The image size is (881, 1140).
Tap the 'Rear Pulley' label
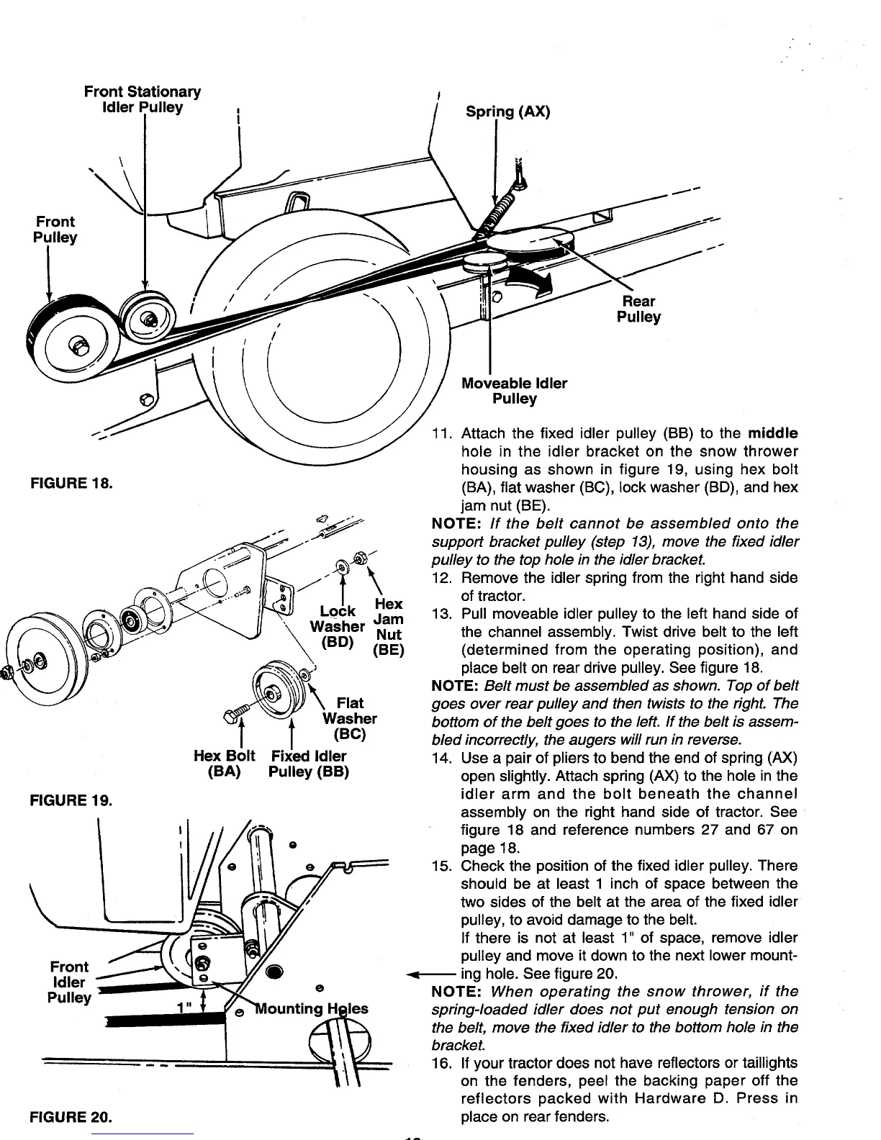[x=638, y=309]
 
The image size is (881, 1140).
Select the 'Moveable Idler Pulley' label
[x=514, y=391]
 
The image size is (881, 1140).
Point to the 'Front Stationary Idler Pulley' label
[x=143, y=100]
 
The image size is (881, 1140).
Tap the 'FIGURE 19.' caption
[x=70, y=800]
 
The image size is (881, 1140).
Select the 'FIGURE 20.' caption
[x=70, y=1118]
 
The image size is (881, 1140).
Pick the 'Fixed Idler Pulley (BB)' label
[x=308, y=764]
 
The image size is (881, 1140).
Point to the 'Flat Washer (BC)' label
[x=350, y=718]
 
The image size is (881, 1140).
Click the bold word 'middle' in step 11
[x=772, y=433]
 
